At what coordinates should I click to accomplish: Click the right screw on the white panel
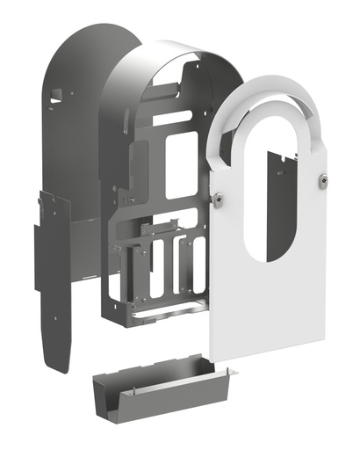(x=324, y=180)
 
